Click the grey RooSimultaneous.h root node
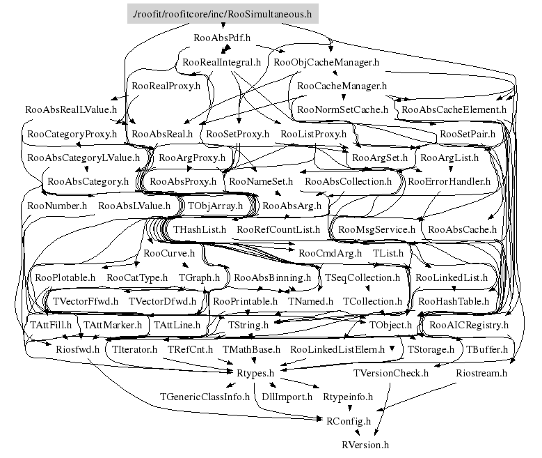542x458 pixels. coord(222,13)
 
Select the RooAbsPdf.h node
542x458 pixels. coord(221,36)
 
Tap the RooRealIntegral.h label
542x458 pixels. coord(221,62)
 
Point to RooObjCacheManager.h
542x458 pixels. coord(326,62)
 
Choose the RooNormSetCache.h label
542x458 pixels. coord(342,109)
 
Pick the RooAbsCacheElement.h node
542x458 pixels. coord(454,109)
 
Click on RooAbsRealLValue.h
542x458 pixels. coord(70,109)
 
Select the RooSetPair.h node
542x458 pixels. coord(467,133)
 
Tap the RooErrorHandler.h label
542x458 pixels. coord(449,181)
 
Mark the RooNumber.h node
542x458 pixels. coord(57,206)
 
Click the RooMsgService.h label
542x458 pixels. coord(376,229)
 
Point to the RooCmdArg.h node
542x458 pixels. coord(330,253)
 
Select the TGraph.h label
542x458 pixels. coord(199,277)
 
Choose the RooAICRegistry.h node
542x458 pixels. coord(469,325)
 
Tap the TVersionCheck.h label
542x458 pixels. coord(391,373)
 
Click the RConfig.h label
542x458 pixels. coord(348,420)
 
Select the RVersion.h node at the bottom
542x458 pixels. coord(365,444)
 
